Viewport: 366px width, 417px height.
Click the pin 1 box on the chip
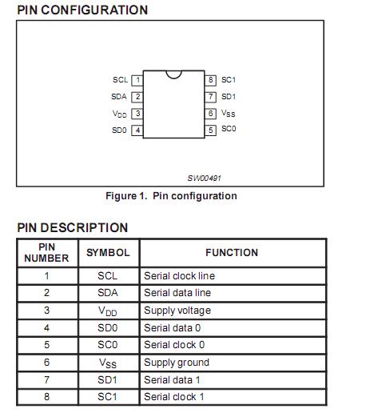pos(137,80)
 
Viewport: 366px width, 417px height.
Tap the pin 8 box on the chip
pos(211,80)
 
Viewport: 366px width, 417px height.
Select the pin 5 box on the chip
pos(211,130)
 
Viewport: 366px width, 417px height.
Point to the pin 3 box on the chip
pos(137,114)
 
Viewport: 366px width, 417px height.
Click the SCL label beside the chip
pos(120,80)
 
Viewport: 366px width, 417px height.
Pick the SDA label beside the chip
pos(119,97)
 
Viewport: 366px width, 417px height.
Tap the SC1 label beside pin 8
pos(229,80)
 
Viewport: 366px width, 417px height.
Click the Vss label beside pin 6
pos(229,114)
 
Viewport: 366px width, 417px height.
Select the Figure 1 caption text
pos(171,196)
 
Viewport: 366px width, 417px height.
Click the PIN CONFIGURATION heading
pos(82,10)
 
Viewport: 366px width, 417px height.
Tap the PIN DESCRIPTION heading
pos(72,227)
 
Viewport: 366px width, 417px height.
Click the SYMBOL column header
pos(108,252)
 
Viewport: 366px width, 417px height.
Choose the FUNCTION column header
pos(232,252)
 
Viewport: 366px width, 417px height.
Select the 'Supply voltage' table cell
pos(177,310)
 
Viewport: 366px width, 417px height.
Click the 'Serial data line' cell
pos(179,293)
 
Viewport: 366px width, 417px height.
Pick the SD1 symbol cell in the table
pos(108,379)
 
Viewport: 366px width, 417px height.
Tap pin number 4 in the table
pos(46,327)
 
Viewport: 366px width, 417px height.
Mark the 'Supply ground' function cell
pos(177,362)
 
